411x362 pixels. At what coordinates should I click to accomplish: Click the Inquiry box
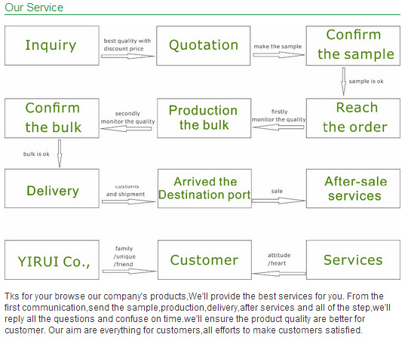(x=52, y=45)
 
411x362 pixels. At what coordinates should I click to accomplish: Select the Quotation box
(x=204, y=45)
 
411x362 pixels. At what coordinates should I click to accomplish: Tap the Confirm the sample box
(x=353, y=45)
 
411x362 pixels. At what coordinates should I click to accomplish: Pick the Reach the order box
(x=353, y=118)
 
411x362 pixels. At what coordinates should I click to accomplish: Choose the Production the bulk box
(x=204, y=118)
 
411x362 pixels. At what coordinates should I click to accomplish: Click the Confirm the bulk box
(x=52, y=118)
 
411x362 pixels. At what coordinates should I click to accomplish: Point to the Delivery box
(x=52, y=189)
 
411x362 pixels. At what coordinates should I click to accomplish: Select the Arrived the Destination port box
(x=204, y=189)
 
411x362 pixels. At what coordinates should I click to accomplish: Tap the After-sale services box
(x=353, y=189)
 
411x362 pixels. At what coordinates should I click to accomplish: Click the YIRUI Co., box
(x=52, y=259)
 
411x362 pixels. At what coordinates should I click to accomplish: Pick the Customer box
(x=204, y=259)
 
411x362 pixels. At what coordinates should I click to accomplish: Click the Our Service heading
(x=34, y=8)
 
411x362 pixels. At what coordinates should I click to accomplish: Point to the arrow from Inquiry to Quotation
(x=128, y=56)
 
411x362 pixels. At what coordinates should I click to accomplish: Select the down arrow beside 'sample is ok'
(x=343, y=81)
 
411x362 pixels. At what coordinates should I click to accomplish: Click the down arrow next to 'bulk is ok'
(x=60, y=154)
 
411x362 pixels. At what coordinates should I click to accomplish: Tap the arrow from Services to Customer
(x=279, y=274)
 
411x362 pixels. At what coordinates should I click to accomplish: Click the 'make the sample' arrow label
(x=278, y=47)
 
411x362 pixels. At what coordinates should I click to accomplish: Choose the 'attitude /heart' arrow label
(x=279, y=259)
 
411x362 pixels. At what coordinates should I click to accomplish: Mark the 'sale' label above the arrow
(x=277, y=191)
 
